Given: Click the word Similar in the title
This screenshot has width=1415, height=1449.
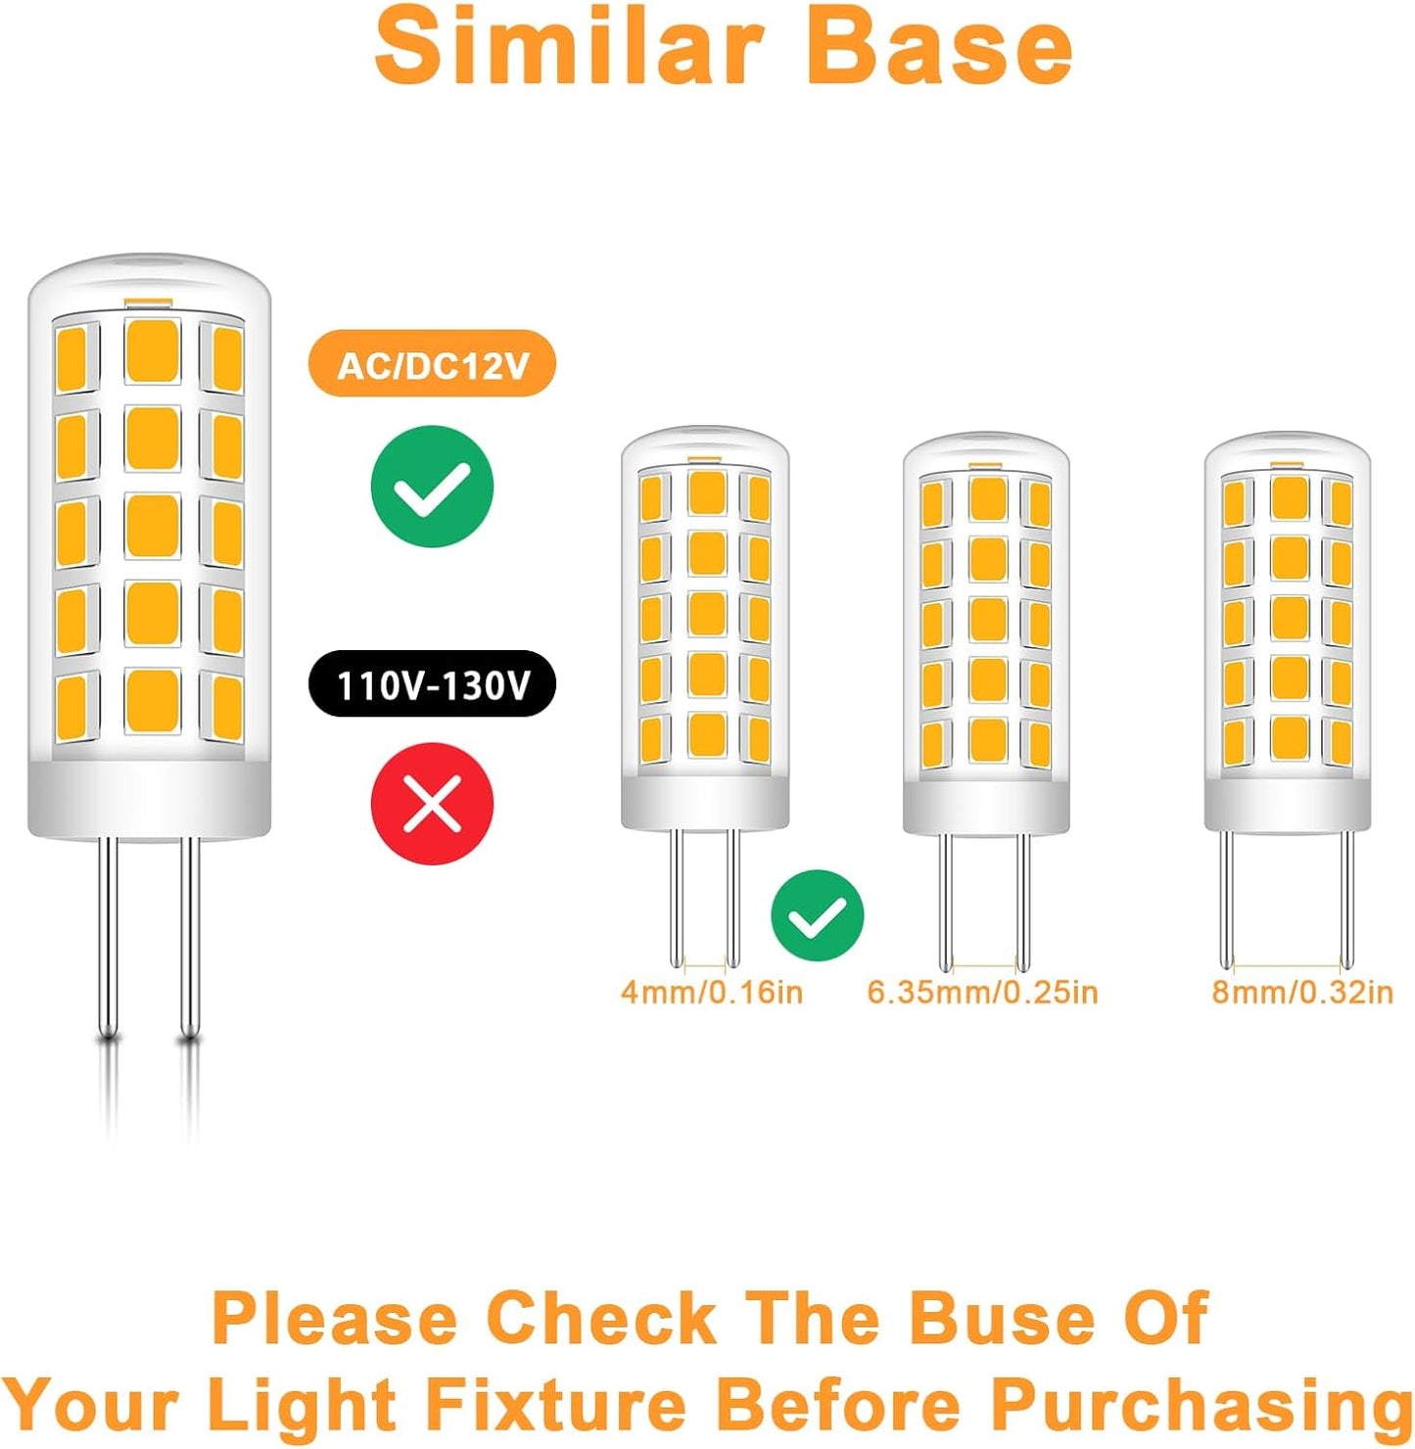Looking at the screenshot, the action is (x=570, y=46).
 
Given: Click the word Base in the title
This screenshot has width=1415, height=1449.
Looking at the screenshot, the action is (x=939, y=46).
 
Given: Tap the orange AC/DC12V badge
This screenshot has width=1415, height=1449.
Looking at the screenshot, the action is (x=432, y=363).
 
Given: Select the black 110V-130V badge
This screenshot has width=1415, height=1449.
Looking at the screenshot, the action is (x=432, y=683).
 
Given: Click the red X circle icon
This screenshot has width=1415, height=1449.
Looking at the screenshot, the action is (x=432, y=805).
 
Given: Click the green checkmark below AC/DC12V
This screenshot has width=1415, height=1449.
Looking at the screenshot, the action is (x=432, y=487).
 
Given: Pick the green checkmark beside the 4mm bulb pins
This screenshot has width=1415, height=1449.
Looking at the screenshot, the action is (x=817, y=916).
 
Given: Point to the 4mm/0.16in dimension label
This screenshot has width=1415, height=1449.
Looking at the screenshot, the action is (x=711, y=994).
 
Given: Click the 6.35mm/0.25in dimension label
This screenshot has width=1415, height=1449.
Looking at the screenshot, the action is (x=982, y=994).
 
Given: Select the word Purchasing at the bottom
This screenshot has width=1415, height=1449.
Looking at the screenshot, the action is (x=1202, y=1388).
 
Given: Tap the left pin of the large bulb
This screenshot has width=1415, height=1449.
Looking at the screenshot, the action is (x=109, y=937).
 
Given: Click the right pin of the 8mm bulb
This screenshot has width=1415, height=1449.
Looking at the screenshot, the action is (x=1346, y=900).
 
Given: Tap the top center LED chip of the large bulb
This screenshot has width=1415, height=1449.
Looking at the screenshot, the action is (x=153, y=351).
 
